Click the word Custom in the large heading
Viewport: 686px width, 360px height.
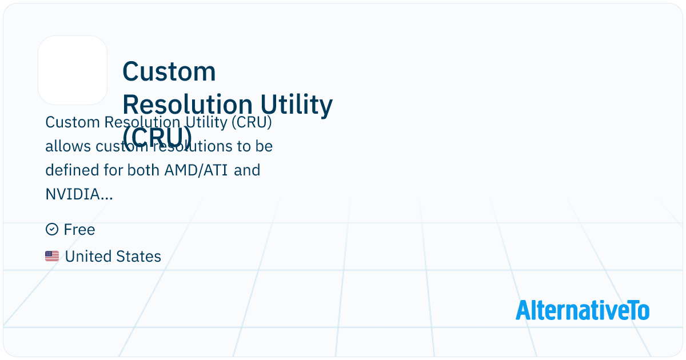point(169,72)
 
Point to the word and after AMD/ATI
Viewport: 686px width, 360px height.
point(247,170)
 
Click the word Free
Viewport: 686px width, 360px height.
point(79,230)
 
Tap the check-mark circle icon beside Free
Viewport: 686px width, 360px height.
point(51,230)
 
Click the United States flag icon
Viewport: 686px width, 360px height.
point(52,257)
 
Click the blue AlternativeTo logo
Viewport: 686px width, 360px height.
point(583,310)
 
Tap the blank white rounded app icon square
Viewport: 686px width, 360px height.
point(73,70)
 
